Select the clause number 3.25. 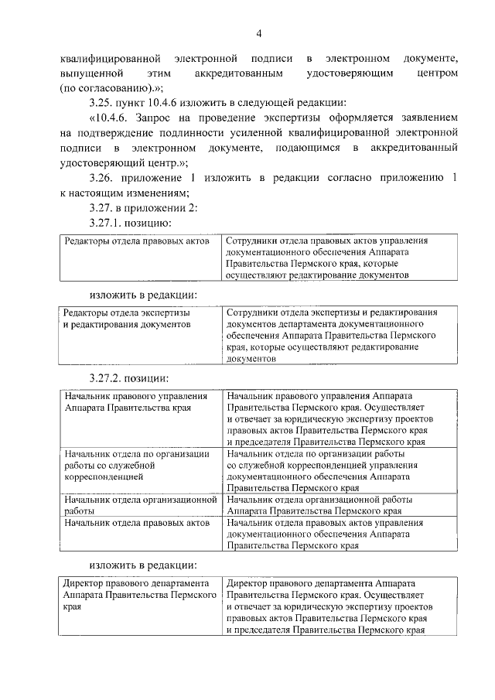click(103, 104)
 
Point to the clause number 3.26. click(103, 179)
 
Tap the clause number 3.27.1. click(109, 223)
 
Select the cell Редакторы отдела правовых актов click(137, 241)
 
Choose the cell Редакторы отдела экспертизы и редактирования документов click(128, 319)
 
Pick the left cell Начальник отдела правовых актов click(138, 524)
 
